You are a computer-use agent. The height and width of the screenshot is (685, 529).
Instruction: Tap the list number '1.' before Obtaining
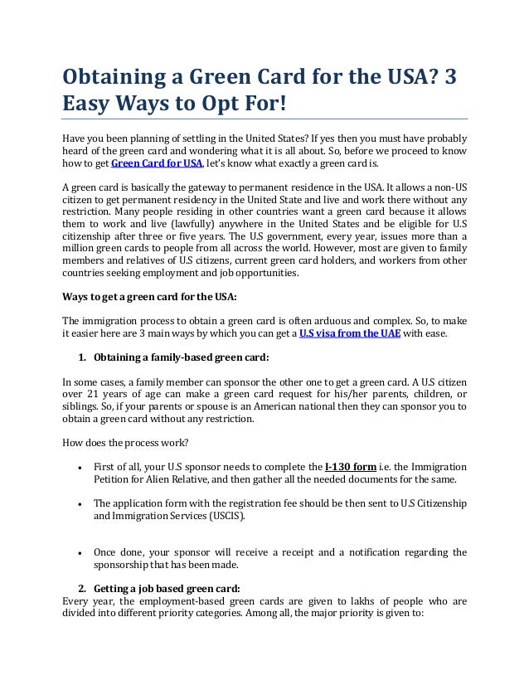point(82,357)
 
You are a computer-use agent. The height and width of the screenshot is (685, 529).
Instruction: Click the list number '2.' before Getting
point(82,589)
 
